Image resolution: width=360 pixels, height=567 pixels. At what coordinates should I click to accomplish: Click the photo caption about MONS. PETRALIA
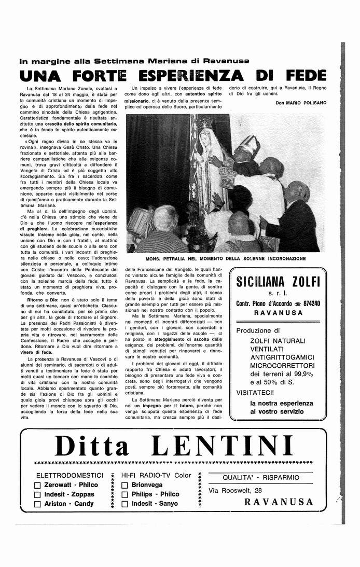226,258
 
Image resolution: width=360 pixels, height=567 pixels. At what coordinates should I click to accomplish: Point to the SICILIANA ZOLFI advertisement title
278,282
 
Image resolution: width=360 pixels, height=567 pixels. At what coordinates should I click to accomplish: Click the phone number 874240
309,303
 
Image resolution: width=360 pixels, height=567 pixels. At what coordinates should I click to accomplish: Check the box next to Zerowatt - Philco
37,486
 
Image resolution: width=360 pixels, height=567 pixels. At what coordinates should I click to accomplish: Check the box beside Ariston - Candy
37,504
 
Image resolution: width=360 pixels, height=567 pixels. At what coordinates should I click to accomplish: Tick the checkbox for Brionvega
124,486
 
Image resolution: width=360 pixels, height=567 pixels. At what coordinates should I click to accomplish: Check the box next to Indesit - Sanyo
124,504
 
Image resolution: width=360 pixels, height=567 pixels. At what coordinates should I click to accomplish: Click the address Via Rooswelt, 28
235,490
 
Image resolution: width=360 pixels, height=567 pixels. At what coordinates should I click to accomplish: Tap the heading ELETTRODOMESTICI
70,475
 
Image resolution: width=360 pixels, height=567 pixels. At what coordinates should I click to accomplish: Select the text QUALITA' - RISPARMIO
261,477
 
